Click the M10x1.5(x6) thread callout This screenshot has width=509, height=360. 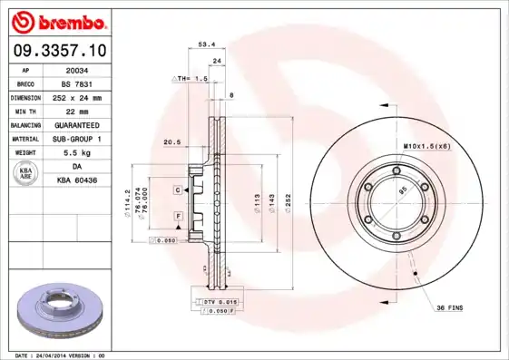(426, 145)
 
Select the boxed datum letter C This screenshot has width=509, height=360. (179, 190)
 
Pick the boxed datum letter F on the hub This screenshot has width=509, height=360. (179, 215)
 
